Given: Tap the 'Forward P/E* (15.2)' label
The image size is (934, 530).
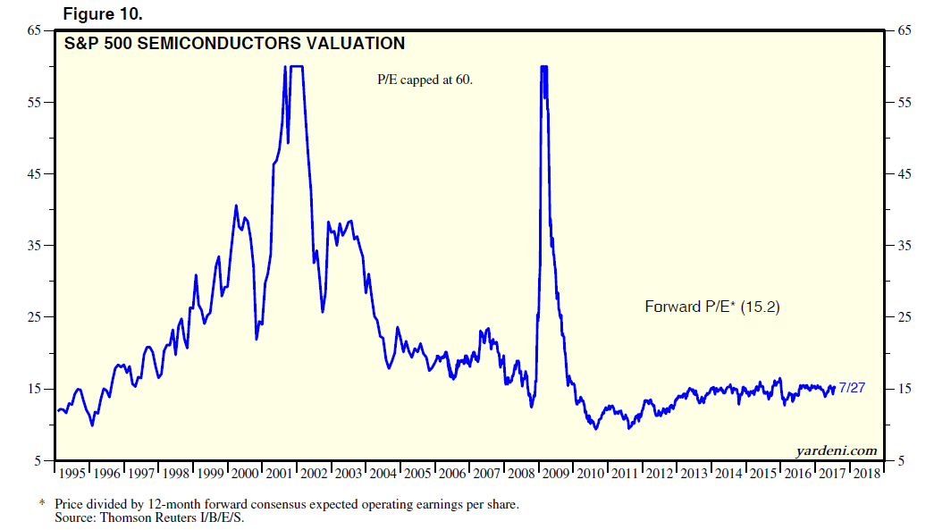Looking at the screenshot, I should [x=713, y=307].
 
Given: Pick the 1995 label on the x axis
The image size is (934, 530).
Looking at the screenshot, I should [x=72, y=474].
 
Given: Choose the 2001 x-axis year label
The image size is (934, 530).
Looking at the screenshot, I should [x=279, y=474].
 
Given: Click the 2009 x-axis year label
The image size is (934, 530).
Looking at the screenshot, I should [x=557, y=474].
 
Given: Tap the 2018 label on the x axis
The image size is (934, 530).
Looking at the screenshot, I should [x=867, y=474].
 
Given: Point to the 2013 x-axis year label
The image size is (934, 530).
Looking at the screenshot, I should [x=694, y=474].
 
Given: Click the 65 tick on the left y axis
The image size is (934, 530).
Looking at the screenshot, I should [x=35, y=30].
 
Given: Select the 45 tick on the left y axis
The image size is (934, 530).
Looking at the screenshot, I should [x=35, y=173].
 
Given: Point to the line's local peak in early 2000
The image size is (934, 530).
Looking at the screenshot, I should [x=236, y=206].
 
